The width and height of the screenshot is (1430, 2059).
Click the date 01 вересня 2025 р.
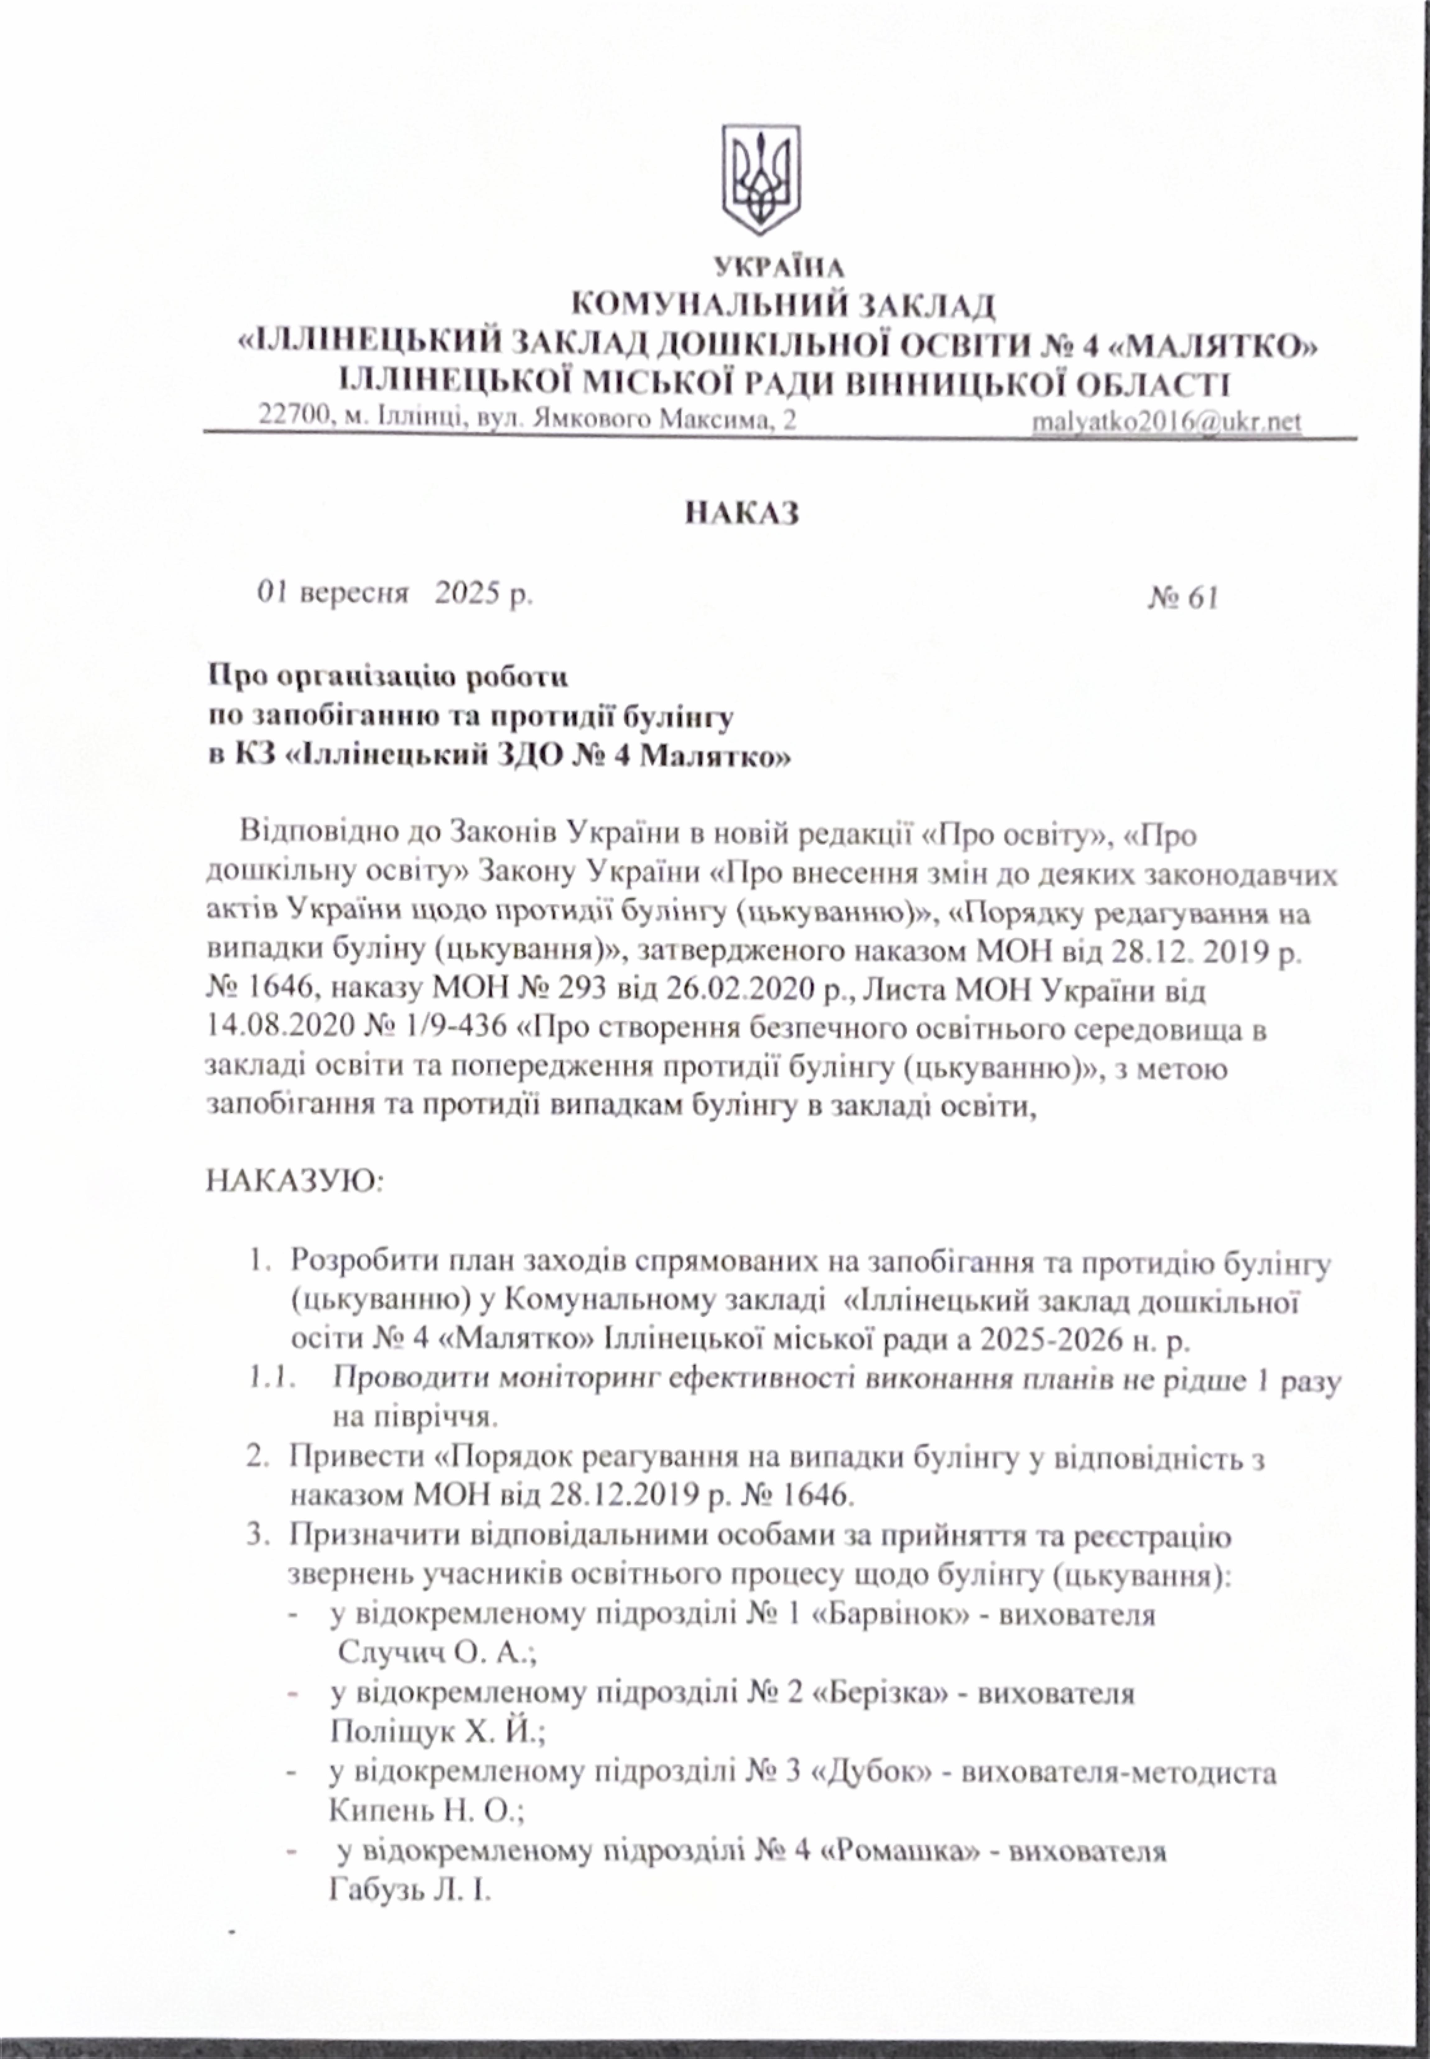(x=394, y=593)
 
